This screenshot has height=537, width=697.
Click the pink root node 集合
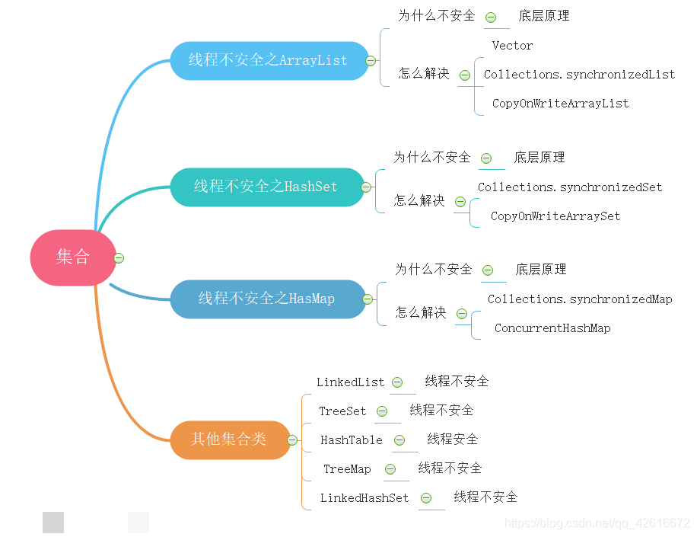click(73, 257)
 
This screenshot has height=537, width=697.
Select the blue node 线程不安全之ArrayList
click(268, 60)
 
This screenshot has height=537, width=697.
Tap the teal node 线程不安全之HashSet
click(266, 187)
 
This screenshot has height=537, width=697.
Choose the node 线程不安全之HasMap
click(266, 299)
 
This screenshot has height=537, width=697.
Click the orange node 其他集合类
click(229, 440)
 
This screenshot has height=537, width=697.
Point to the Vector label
click(512, 46)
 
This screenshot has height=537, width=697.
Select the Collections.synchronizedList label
click(579, 75)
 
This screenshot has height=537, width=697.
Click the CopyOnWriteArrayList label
click(560, 104)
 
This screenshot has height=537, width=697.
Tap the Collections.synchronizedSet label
click(570, 187)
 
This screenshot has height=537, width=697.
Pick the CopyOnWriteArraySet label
click(555, 216)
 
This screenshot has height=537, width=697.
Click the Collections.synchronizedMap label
click(580, 299)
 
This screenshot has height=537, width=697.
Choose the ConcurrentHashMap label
click(552, 328)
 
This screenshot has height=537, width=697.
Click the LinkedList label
click(350, 382)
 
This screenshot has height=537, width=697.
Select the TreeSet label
click(342, 411)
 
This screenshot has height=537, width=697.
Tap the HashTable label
click(352, 440)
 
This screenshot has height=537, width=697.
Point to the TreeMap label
click(347, 469)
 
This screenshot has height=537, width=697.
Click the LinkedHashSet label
click(364, 498)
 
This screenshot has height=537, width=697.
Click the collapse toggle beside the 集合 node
click(119, 258)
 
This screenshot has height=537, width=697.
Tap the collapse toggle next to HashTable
click(399, 440)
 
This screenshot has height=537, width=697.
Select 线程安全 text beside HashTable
click(453, 439)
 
